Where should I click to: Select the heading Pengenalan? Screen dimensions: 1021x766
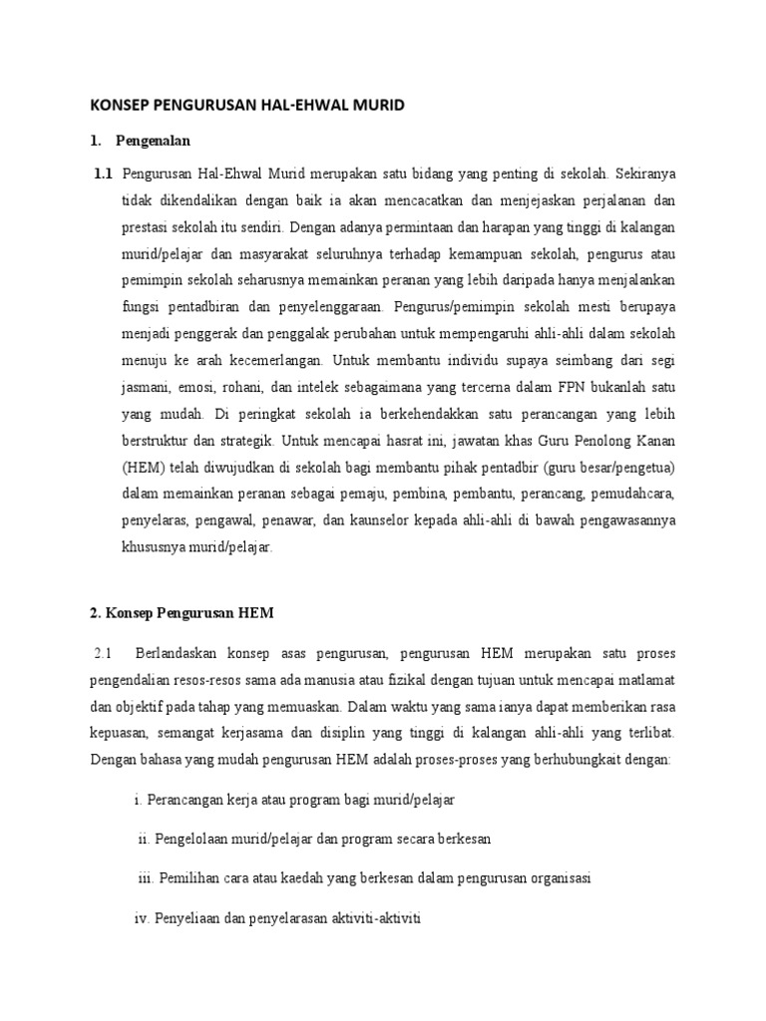pyautogui.click(x=153, y=141)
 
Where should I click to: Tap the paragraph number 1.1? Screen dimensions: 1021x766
pyautogui.click(x=104, y=172)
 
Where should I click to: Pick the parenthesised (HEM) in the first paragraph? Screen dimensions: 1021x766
pyautogui.click(x=144, y=440)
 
